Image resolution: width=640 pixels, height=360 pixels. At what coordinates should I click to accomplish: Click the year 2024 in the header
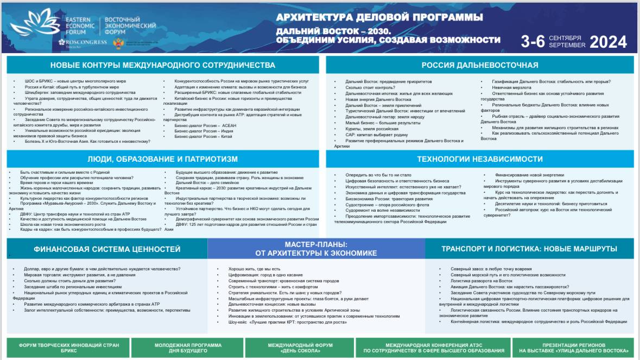[x=608, y=42]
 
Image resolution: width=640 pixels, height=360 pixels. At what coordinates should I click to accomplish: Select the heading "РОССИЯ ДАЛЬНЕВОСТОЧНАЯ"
[x=480, y=65]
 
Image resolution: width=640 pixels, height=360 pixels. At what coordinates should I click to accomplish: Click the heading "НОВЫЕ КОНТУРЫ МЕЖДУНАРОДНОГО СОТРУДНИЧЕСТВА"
[x=163, y=65]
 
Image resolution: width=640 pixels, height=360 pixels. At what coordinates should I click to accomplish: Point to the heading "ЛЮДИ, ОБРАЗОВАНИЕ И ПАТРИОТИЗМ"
[x=163, y=159]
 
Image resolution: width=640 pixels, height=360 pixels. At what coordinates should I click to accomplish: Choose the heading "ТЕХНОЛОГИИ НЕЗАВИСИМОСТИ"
[x=480, y=159]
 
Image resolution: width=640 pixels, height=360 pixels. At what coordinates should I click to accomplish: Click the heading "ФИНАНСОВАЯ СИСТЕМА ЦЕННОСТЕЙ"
[x=107, y=249]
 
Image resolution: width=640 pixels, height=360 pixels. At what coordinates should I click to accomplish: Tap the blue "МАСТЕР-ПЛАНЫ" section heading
[x=316, y=249]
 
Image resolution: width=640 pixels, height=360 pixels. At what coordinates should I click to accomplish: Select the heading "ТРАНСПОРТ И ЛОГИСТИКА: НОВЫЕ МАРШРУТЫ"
[x=529, y=249]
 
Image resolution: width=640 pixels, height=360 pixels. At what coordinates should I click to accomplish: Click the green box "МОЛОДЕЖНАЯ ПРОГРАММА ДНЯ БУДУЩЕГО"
[x=188, y=348]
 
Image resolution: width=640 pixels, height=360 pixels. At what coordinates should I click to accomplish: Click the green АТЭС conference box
[x=433, y=348]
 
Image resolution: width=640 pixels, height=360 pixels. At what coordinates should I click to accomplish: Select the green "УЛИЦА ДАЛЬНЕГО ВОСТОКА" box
[x=573, y=348]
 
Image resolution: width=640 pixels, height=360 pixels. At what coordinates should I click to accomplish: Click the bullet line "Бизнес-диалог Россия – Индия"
[x=204, y=131]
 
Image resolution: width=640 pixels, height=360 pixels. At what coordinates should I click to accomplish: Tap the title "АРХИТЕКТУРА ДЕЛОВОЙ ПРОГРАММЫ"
[x=379, y=17]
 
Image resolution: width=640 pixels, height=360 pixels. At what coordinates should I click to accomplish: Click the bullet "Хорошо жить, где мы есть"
[x=255, y=269]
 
